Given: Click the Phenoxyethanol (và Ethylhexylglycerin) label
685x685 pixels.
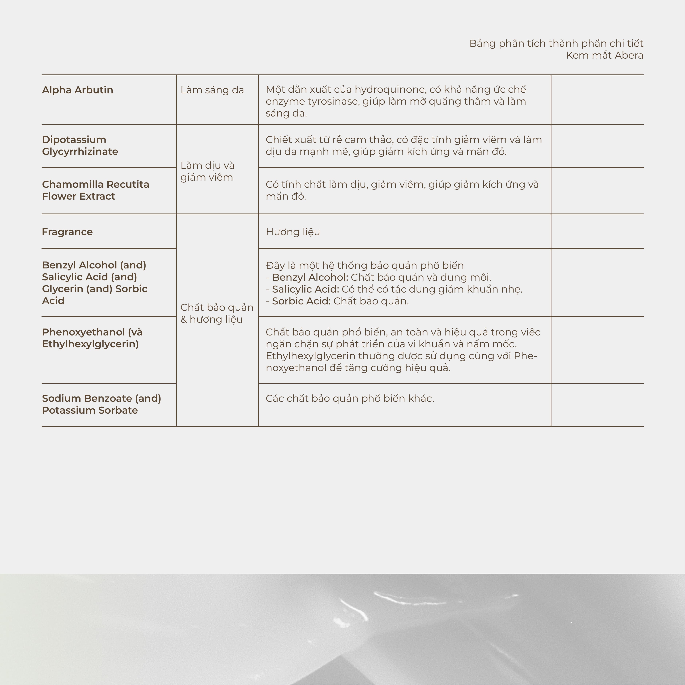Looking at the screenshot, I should coord(92,338).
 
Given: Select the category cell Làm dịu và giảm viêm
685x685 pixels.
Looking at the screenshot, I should coord(207,171).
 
